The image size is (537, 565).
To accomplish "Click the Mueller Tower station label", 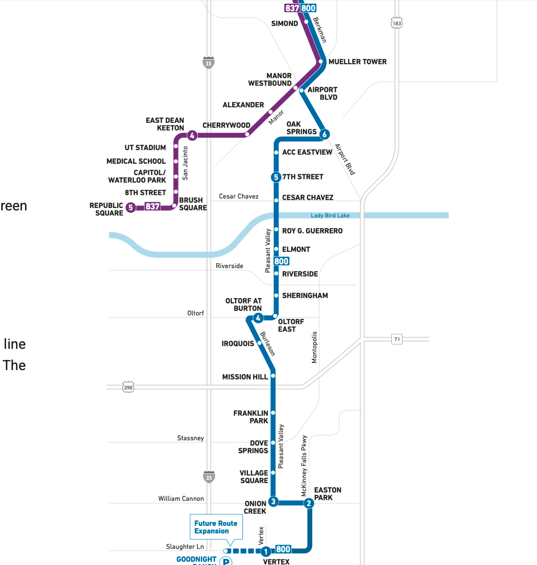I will (357, 62).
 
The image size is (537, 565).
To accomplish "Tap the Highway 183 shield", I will (397, 23).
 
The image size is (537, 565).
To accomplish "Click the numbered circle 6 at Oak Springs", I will (325, 134).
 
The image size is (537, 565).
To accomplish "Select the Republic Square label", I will (106, 209).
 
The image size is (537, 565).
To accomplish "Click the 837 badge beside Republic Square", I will (152, 207).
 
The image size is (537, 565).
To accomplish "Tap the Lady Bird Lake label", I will (330, 215).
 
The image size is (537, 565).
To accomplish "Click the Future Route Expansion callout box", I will (216, 527).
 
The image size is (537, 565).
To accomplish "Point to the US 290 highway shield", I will (128, 387).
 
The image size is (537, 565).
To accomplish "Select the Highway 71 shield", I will (397, 339).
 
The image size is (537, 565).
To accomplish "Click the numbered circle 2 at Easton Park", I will (309, 503).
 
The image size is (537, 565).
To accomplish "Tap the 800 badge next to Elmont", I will (282, 261).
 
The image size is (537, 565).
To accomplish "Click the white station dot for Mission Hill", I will (273, 375).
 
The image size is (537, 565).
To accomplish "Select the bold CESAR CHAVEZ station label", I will (307, 198).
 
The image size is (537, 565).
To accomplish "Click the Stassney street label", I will (190, 438).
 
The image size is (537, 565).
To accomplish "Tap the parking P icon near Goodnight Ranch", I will (226, 561).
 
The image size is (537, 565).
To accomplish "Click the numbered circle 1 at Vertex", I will (266, 551).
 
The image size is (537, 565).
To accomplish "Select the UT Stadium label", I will (145, 148).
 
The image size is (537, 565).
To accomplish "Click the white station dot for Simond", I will (306, 22).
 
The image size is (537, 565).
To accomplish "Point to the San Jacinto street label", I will (185, 163).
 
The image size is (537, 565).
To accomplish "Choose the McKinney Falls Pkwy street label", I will (304, 466).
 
